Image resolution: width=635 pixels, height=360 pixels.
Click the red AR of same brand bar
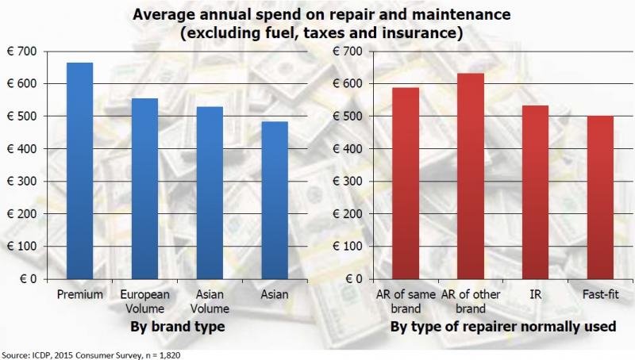point(406,183)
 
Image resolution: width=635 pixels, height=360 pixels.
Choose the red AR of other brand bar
point(471,176)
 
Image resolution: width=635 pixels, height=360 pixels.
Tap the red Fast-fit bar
point(600,197)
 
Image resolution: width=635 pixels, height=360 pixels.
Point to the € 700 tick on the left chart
point(25,52)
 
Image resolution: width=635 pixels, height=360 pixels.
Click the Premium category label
point(81,295)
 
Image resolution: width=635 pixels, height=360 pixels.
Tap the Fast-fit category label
point(600,295)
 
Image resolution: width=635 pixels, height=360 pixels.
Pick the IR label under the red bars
point(535,295)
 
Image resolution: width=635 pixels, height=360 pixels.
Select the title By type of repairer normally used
point(503,327)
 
